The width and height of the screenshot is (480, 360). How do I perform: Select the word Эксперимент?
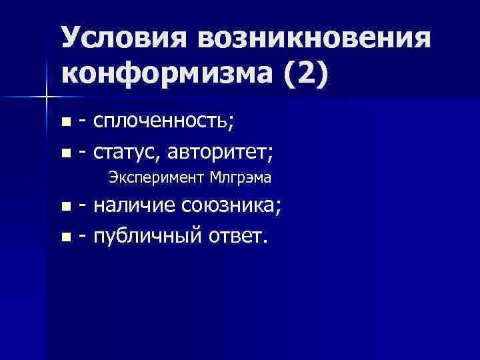click(x=155, y=178)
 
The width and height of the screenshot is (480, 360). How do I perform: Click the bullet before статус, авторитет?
click(x=65, y=153)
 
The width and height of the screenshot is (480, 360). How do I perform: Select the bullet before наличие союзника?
click(x=65, y=207)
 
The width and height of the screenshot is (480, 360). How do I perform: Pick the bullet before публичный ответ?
click(x=65, y=237)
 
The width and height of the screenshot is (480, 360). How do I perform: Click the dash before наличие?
click(x=82, y=207)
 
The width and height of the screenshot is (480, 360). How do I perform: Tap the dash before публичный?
click(x=82, y=237)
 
